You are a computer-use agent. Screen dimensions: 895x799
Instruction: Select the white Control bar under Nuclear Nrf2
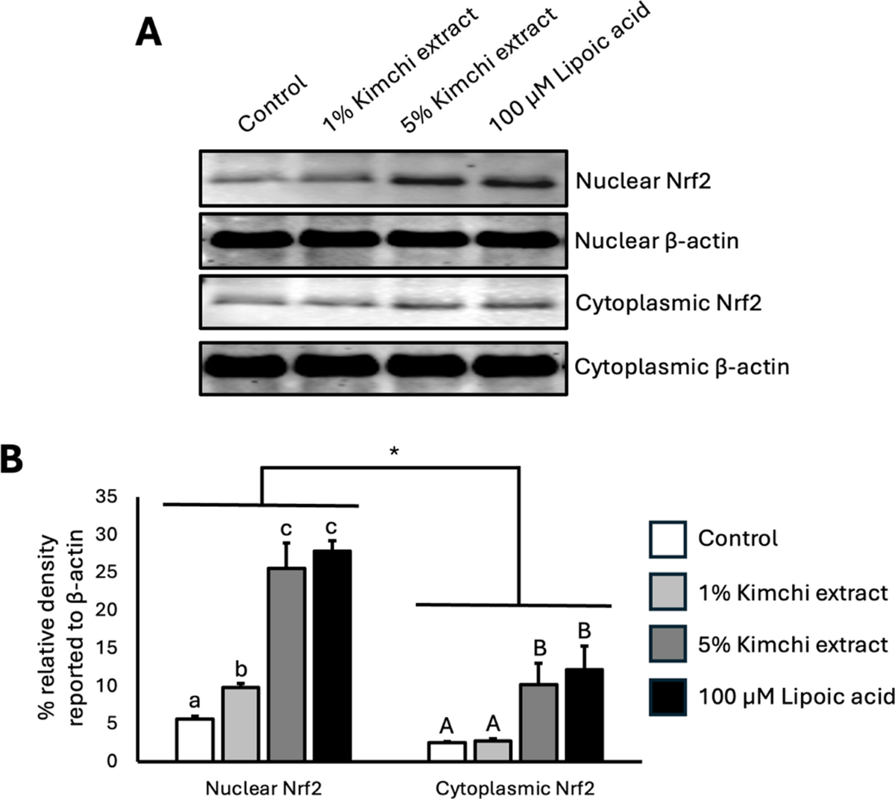tap(195, 739)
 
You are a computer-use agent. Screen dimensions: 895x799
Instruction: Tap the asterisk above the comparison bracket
tap(394, 452)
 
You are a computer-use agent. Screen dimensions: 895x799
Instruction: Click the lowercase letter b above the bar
tap(241, 669)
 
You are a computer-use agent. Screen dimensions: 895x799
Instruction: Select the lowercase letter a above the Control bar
tap(195, 701)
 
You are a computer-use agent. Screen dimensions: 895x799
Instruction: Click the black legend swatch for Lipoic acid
tap(668, 697)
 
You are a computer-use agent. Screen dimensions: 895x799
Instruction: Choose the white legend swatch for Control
tap(668, 540)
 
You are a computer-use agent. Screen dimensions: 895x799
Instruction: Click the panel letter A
tap(148, 34)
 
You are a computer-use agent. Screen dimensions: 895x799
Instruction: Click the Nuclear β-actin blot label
tap(657, 241)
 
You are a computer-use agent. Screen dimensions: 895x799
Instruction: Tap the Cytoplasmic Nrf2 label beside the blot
tap(668, 303)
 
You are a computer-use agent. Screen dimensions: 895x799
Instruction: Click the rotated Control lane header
tap(272, 104)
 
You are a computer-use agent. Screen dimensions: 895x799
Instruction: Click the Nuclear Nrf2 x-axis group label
tap(264, 788)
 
